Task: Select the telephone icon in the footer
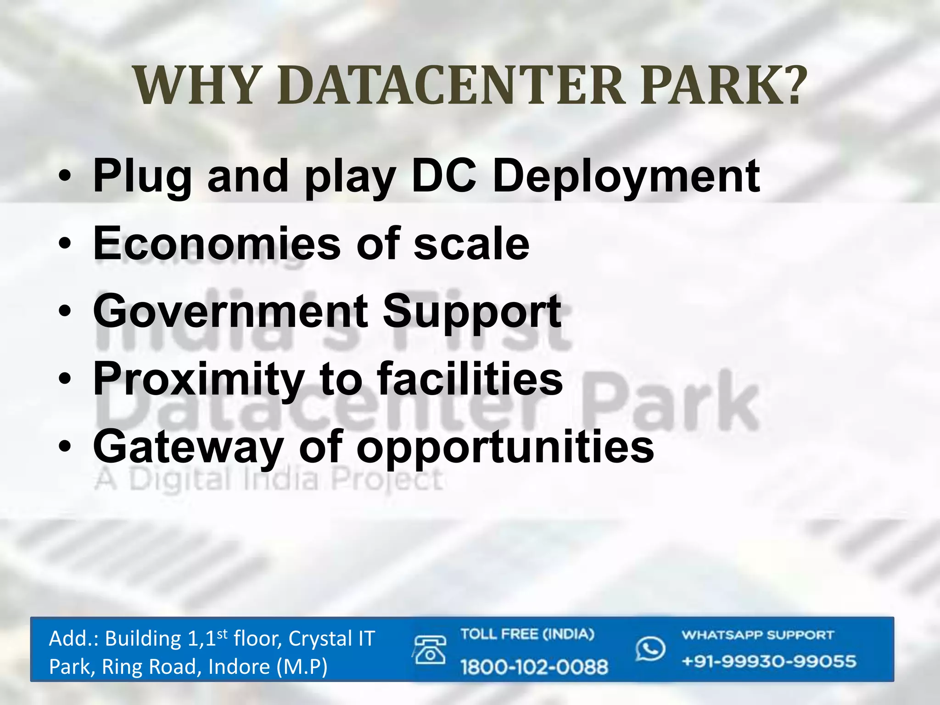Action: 430,650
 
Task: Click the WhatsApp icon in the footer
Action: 650,649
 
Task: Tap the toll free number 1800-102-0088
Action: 534,666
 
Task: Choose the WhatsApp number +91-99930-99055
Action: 769,662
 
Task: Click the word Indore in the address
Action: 239,667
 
